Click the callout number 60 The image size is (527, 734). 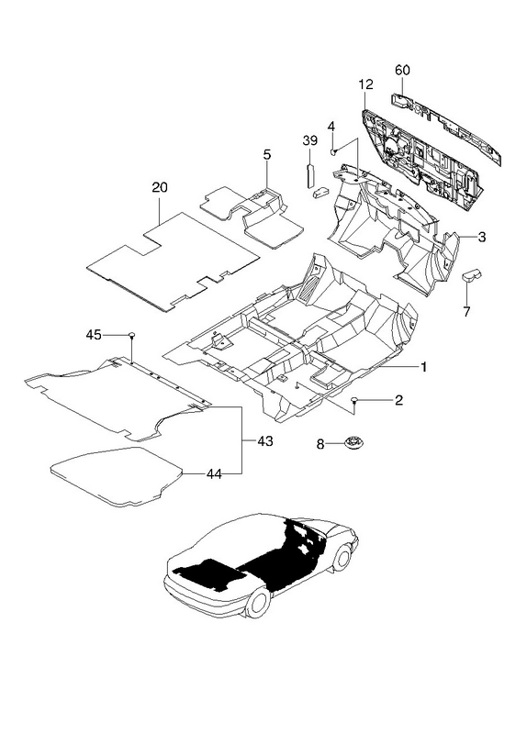coord(402,71)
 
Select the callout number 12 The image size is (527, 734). coord(365,84)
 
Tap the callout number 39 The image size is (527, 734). coord(310,140)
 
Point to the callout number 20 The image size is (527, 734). coord(159,187)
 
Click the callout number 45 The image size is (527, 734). coord(94,335)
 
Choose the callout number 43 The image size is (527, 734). coord(264,441)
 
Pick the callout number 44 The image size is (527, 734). coord(214,474)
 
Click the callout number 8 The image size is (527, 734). coord(320,444)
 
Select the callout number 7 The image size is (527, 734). coord(466,311)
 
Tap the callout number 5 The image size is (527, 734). coord(266,155)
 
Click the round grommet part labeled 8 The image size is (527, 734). coord(354,441)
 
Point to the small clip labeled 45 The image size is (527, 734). coord(132,335)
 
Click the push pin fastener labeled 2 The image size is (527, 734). coord(355,400)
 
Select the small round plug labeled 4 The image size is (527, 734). coord(333,151)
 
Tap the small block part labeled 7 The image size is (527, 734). coord(472,275)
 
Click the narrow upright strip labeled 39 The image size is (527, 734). coord(310,175)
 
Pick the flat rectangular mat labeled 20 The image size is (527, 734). coord(173,261)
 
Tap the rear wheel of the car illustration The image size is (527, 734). coord(259,603)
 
